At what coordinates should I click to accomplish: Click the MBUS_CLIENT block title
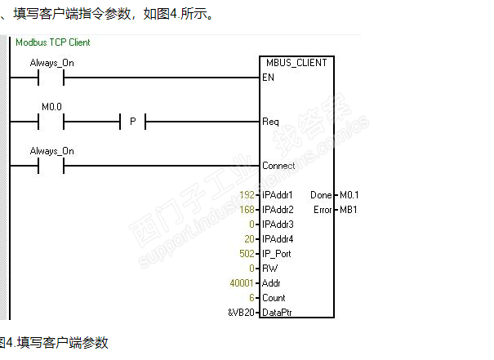tap(296, 63)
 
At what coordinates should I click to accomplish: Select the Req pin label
tap(270, 122)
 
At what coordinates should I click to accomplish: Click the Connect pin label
tap(278, 166)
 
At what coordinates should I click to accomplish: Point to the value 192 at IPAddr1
tap(249, 195)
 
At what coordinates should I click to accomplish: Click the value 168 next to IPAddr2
tap(249, 210)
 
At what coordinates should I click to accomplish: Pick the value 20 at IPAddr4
tap(251, 239)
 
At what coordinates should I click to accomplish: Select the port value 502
tap(249, 254)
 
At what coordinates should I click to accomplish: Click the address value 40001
tap(244, 283)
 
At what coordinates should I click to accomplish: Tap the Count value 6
tap(253, 298)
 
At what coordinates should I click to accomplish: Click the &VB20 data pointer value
tap(242, 313)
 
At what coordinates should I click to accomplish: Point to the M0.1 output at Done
tap(349, 195)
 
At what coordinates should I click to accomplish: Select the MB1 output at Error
tap(347, 210)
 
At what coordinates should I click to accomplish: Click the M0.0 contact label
tap(51, 107)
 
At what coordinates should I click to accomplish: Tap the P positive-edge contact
tap(131, 122)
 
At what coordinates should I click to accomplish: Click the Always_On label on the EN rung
tap(51, 63)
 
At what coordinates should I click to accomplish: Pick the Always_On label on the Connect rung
tap(51, 151)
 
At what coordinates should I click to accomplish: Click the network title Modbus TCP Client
tap(53, 42)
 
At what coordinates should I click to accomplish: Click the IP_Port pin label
tap(278, 254)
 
